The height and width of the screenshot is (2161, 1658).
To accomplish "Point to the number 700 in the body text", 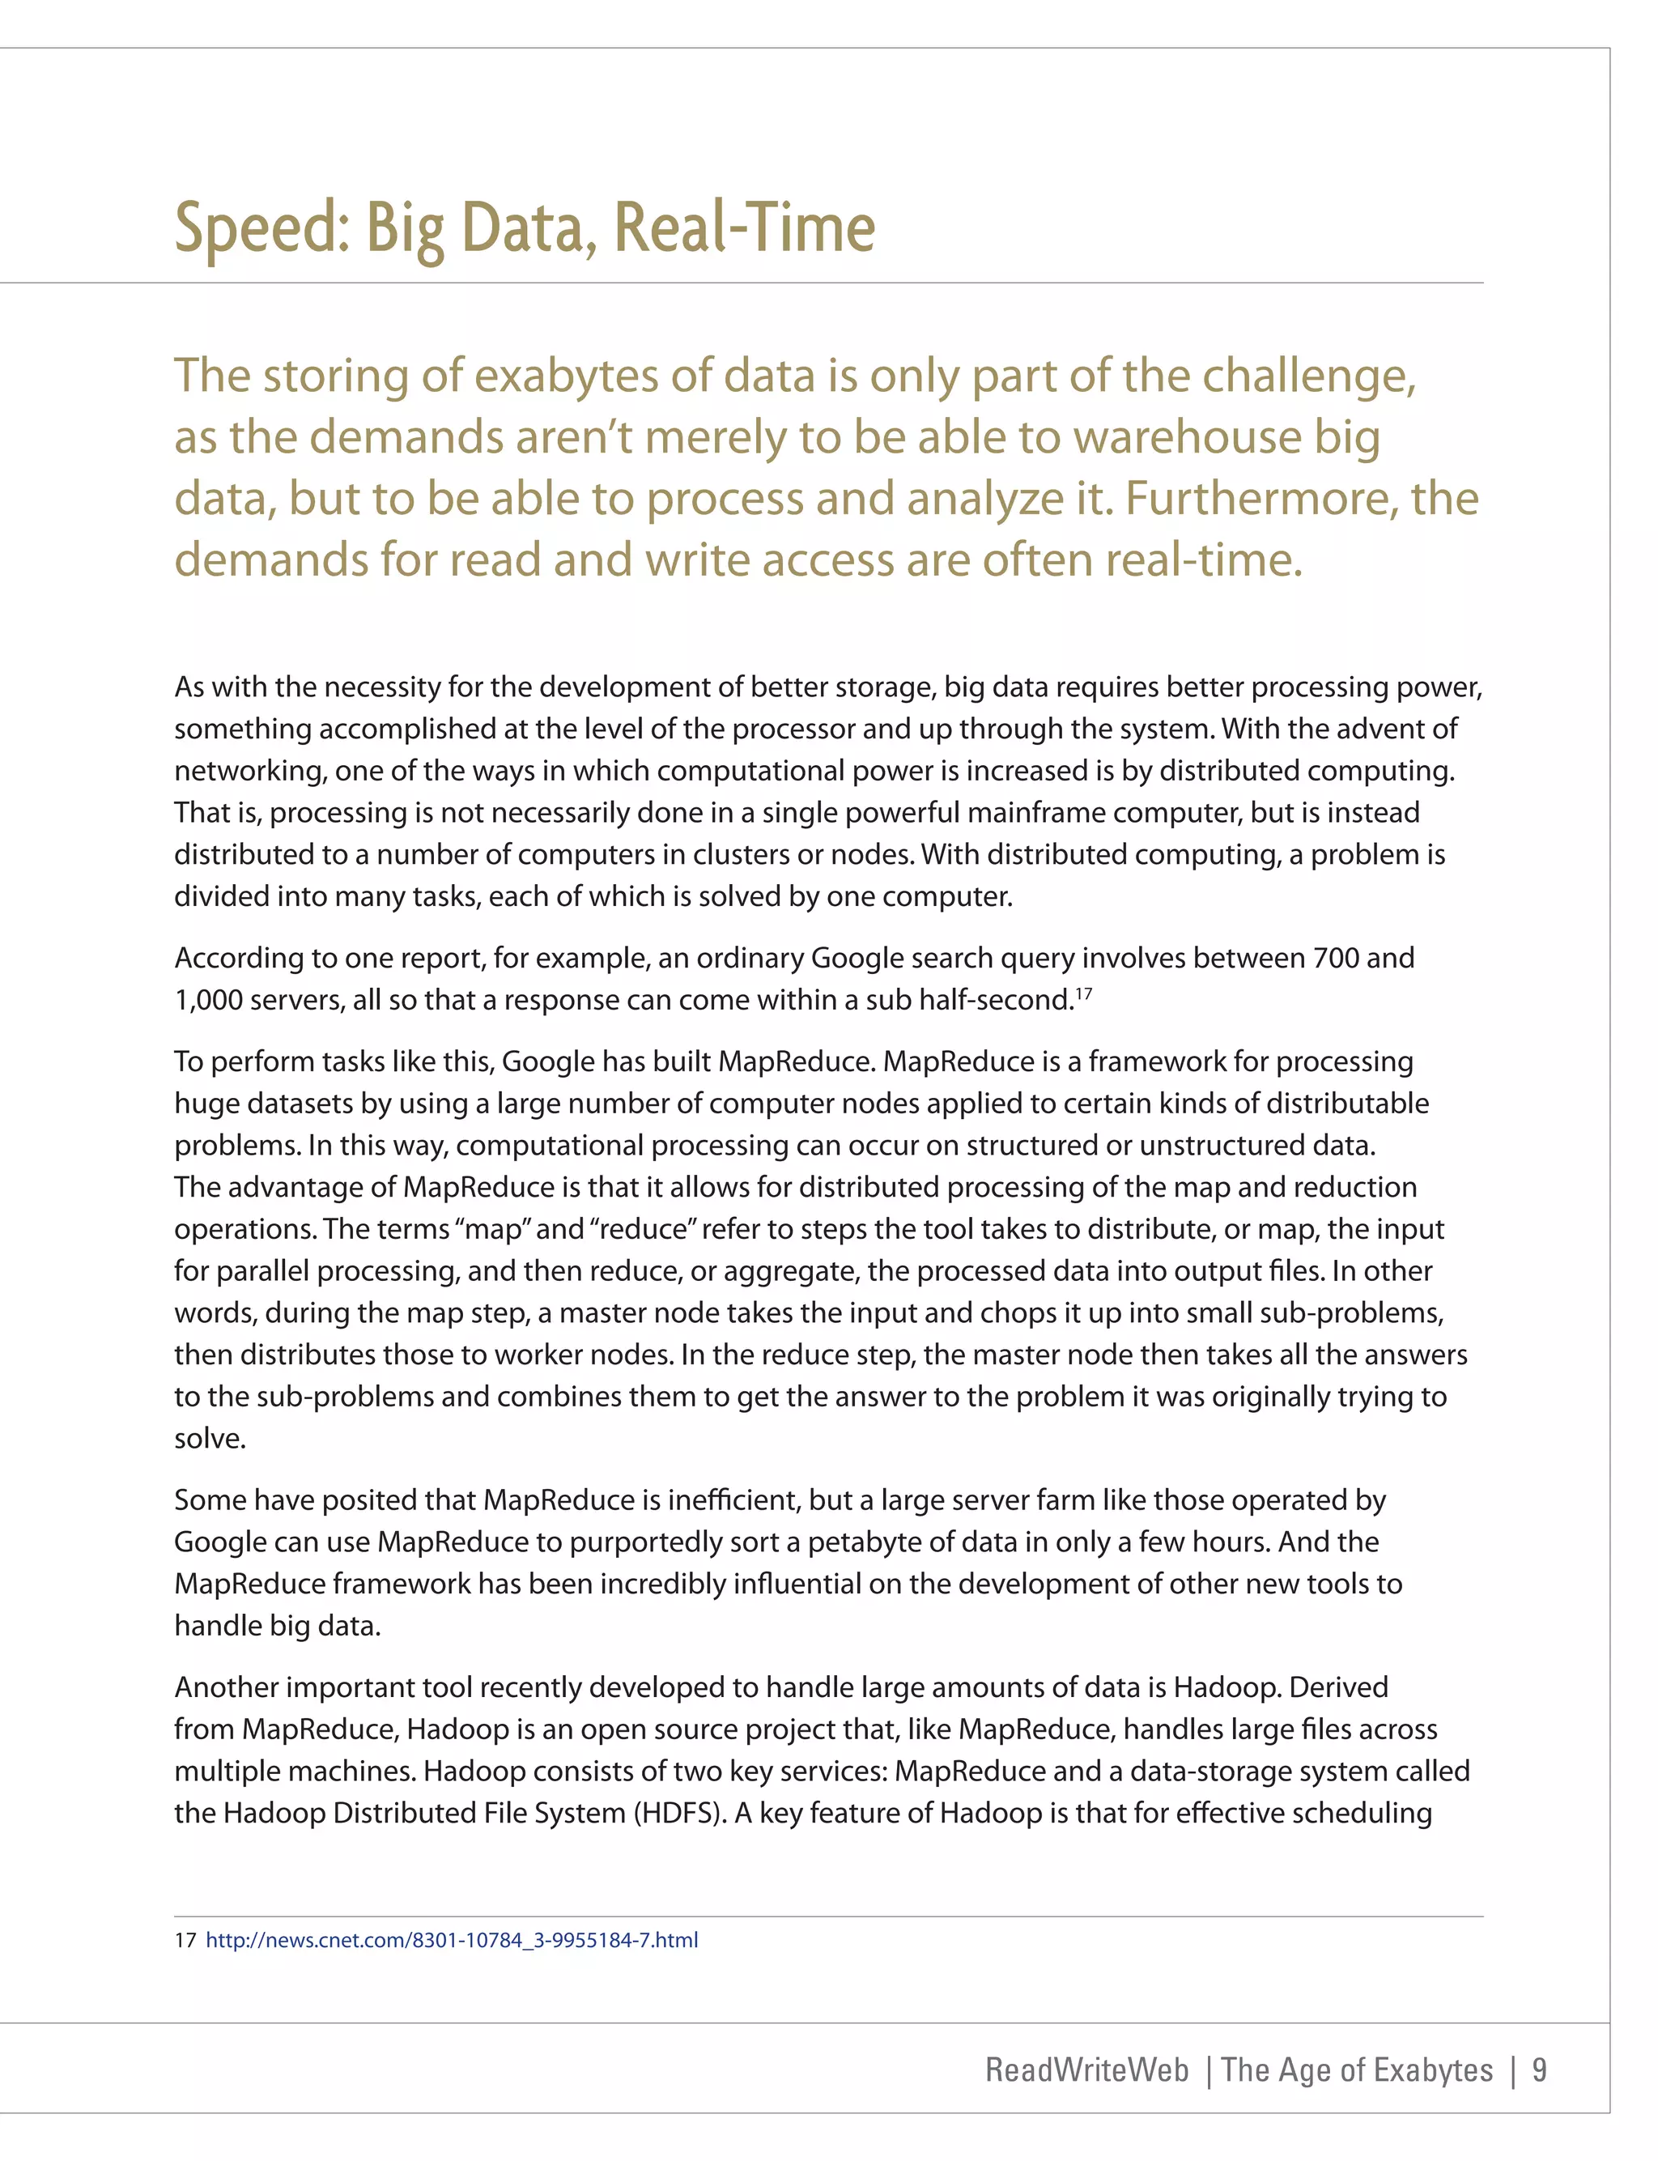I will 1337,958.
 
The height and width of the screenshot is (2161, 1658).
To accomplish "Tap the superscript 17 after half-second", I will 1084,994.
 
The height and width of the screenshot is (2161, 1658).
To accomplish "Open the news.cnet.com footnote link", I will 451,1940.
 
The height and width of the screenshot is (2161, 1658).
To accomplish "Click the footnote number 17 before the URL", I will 185,1940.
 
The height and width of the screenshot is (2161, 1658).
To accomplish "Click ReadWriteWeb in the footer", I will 1086,2070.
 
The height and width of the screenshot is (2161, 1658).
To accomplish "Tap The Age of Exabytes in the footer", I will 1356,2070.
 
